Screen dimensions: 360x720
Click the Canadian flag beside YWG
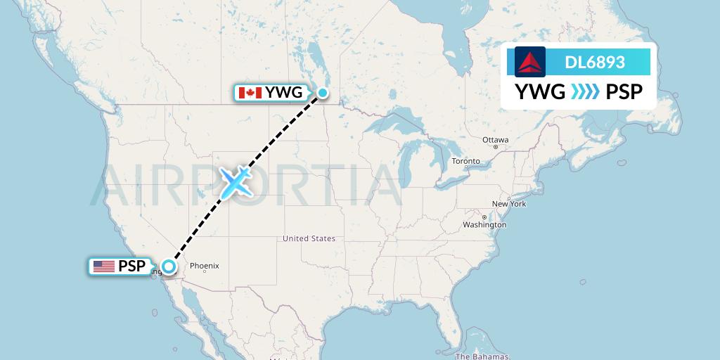click(250, 93)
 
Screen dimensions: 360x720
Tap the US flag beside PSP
click(103, 266)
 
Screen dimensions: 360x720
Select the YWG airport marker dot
click(322, 92)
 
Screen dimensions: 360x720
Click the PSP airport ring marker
click(168, 266)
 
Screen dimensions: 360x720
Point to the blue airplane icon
click(236, 181)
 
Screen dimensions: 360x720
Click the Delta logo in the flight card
click(529, 62)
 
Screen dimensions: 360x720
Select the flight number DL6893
click(595, 62)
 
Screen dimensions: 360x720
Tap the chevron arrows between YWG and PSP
click(585, 91)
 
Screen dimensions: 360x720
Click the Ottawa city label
click(496, 140)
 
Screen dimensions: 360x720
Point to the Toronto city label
click(465, 161)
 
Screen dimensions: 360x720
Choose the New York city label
click(508, 204)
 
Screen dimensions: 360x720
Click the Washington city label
click(484, 225)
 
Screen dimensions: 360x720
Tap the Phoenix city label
click(205, 266)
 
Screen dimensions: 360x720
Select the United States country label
click(309, 238)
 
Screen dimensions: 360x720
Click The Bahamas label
click(482, 356)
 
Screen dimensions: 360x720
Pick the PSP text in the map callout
click(132, 266)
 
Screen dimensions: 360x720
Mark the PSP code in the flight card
click(623, 91)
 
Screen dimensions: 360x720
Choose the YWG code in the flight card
click(540, 91)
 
